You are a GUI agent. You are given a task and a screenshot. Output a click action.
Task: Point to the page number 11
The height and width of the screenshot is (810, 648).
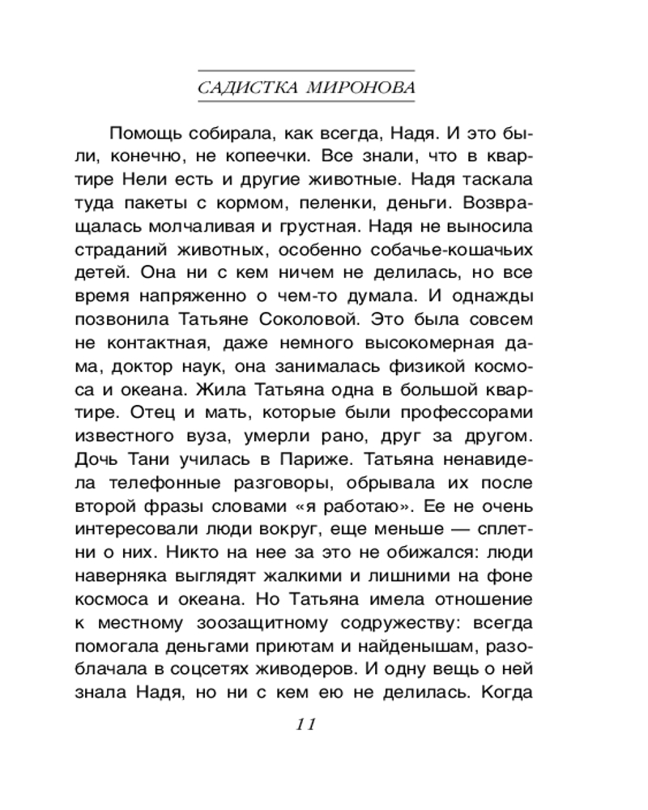click(x=305, y=723)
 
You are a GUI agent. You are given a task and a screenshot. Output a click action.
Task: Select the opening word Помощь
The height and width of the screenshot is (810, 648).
click(x=143, y=133)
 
